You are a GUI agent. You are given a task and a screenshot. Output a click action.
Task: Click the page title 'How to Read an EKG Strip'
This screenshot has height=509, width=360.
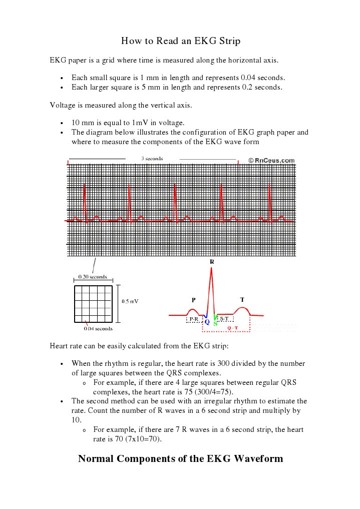pos(180,41)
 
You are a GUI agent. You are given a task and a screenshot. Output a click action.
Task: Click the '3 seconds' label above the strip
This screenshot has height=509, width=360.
pos(152,159)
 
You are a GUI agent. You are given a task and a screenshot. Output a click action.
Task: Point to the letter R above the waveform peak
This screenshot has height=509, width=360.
pos(211,262)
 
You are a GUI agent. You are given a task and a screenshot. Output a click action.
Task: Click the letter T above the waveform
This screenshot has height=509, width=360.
pos(242,300)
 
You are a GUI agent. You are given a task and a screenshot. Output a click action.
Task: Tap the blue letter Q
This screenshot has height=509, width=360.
pos(207,322)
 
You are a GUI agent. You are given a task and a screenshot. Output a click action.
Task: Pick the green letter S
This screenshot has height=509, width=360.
pos(215,323)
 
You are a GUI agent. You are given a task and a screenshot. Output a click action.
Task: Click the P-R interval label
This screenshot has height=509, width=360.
pos(193,319)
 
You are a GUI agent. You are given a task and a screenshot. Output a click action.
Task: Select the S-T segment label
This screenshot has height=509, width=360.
pos(224,319)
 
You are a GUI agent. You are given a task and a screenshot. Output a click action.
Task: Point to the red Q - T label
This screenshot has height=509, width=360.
pos(232,328)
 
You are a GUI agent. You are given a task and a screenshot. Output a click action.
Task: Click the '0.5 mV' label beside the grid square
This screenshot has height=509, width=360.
pos(130,301)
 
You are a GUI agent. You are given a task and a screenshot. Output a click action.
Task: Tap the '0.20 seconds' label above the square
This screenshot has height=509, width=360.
pos(93,277)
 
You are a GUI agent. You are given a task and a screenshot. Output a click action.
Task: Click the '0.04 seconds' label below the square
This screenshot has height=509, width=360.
pos(98,329)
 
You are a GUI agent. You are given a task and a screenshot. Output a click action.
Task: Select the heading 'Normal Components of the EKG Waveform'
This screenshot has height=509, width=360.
pos(180,458)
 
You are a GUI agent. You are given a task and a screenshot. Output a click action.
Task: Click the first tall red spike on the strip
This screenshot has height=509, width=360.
pos(85,200)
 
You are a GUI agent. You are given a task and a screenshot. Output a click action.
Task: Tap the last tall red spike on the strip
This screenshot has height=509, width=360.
pos(269,200)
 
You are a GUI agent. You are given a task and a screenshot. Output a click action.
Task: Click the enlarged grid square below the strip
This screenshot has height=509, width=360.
pos(93,304)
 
